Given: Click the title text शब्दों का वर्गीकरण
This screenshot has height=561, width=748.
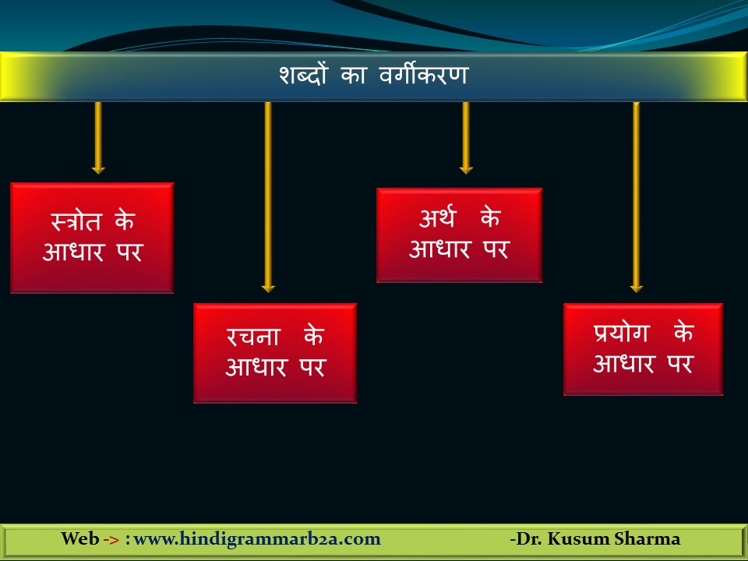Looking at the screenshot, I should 373,76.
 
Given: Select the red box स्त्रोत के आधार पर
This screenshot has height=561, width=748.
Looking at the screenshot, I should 92,238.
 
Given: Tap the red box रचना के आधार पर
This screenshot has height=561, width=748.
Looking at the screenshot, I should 275,353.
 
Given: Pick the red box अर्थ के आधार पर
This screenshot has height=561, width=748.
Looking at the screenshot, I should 459,235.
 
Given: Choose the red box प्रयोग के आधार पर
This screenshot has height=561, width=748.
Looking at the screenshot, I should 643,349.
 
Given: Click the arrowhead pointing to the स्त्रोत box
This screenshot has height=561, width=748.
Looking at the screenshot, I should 98,168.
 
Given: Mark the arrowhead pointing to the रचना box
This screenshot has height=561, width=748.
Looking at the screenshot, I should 268,288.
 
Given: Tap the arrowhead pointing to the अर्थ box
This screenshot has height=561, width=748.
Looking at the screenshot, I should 466,168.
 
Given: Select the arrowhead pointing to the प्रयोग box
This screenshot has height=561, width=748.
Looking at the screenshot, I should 636,288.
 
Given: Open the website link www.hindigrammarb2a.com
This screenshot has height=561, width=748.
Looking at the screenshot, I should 258,539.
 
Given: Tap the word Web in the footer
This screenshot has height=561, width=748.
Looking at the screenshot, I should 80,539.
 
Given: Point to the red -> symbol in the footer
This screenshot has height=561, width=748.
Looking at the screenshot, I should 111,540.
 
